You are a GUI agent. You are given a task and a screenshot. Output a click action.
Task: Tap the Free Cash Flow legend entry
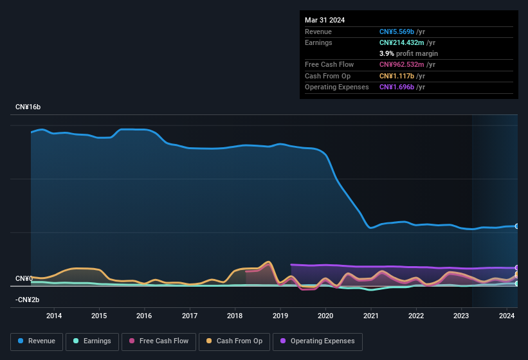pos(158,341)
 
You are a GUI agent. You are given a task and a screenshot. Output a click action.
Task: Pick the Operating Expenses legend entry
pos(318,341)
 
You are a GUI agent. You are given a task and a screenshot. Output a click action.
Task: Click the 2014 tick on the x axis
pos(54,316)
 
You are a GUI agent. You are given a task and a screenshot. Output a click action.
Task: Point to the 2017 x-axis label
pos(190,316)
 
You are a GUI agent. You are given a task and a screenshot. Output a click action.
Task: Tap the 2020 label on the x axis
pos(325,316)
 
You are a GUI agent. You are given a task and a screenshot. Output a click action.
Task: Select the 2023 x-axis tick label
pos(461,316)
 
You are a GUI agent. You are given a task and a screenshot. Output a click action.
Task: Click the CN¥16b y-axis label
pos(28,107)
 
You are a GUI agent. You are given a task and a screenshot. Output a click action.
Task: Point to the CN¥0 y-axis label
pos(24,278)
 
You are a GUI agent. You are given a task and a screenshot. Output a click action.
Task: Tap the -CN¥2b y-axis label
pos(27,300)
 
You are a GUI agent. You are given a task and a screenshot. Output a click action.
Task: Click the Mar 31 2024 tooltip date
pos(325,20)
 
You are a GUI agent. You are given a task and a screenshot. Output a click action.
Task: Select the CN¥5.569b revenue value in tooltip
pos(397,32)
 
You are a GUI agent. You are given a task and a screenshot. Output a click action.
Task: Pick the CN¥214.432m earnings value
pos(401,42)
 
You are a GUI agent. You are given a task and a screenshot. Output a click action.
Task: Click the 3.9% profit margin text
pos(408,53)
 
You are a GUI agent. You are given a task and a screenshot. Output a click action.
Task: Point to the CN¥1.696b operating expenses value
pos(397,87)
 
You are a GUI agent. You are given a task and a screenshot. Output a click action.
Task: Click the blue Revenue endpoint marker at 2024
pos(517,226)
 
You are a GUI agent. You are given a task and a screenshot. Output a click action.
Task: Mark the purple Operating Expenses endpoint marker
pos(517,268)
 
